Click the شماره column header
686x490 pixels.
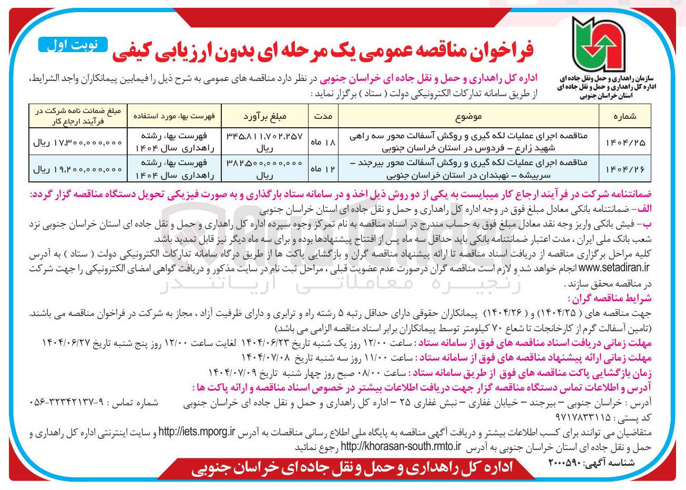click(624, 116)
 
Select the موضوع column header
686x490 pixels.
click(468, 116)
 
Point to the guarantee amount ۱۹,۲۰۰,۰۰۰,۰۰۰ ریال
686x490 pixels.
click(77, 169)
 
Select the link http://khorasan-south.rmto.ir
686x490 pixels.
click(401, 447)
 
